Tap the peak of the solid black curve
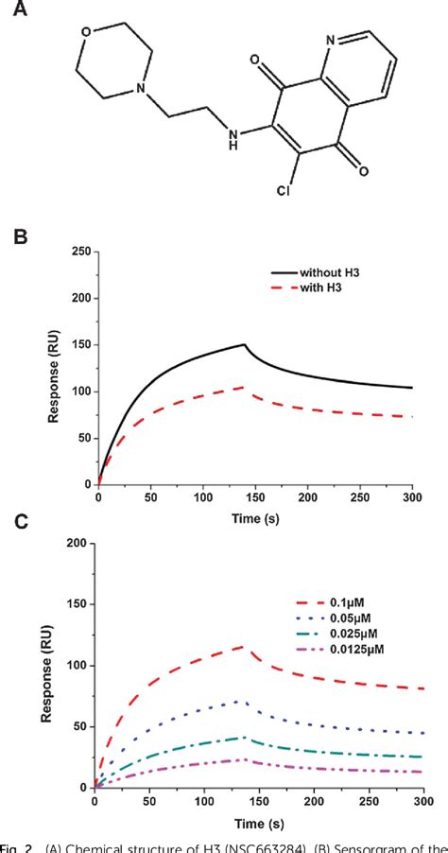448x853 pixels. pyautogui.click(x=245, y=344)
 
